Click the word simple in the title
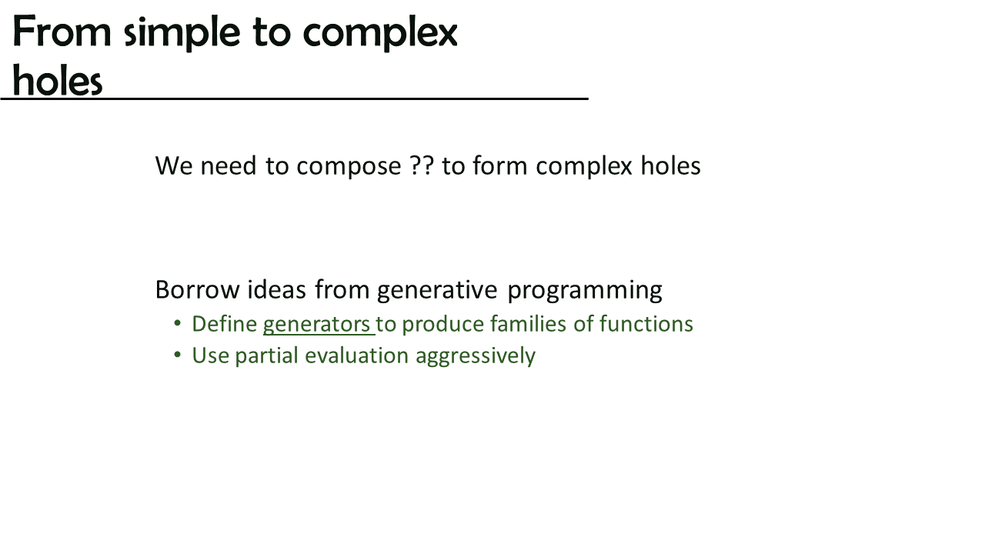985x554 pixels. pyautogui.click(x=182, y=32)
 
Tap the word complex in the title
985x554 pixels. pyautogui.click(x=380, y=33)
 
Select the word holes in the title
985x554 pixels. pyautogui.click(x=58, y=81)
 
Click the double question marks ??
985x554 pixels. pyautogui.click(x=422, y=165)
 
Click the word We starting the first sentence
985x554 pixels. pyautogui.click(x=174, y=165)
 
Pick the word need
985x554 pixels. pyautogui.click(x=229, y=165)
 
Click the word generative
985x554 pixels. pyautogui.click(x=437, y=291)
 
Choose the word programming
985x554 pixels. pyautogui.click(x=585, y=291)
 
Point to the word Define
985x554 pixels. pyautogui.click(x=224, y=324)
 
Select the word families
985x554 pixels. pyautogui.click(x=528, y=323)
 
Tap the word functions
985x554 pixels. pyautogui.click(x=646, y=323)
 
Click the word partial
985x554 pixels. pyautogui.click(x=266, y=356)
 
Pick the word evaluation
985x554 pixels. pyautogui.click(x=356, y=355)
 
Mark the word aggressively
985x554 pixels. pyautogui.click(x=476, y=356)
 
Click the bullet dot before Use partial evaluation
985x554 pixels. pyautogui.click(x=177, y=355)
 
